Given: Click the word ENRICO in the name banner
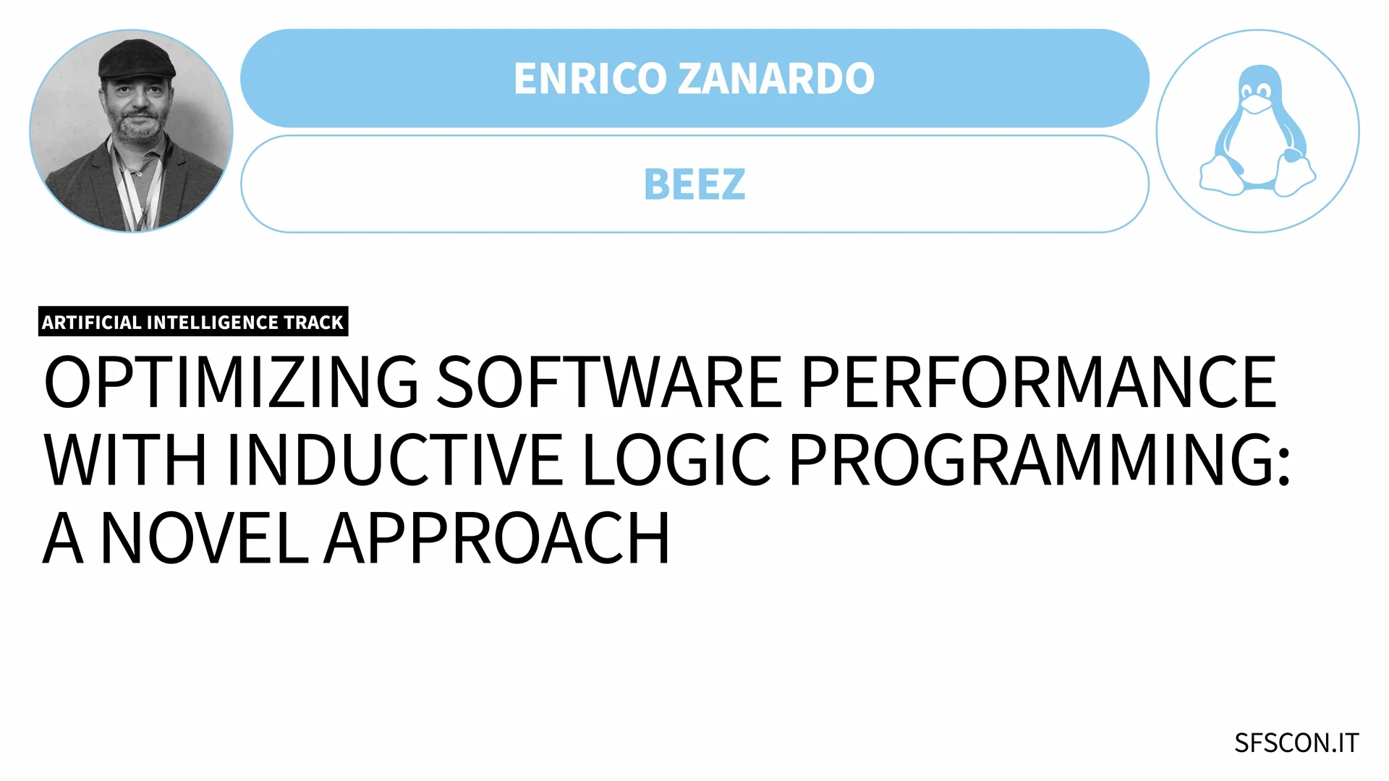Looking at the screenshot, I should [x=589, y=78].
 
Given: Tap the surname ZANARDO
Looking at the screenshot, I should [x=776, y=78].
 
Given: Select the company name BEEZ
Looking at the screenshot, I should [x=694, y=184].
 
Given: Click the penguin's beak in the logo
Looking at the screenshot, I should [x=1257, y=105].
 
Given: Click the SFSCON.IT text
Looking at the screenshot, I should [x=1296, y=743].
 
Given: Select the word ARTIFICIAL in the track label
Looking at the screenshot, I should [x=91, y=323].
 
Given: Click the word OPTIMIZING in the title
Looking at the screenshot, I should [x=231, y=382].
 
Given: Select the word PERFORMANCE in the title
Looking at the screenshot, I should [x=1039, y=382].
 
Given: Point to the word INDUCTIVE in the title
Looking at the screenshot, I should [x=394, y=460].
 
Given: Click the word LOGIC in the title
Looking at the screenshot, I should [x=676, y=460].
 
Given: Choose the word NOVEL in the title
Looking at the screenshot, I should [x=205, y=538].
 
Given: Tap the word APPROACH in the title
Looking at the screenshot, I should [x=497, y=538].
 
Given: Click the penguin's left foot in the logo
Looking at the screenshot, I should [x=1223, y=178].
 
